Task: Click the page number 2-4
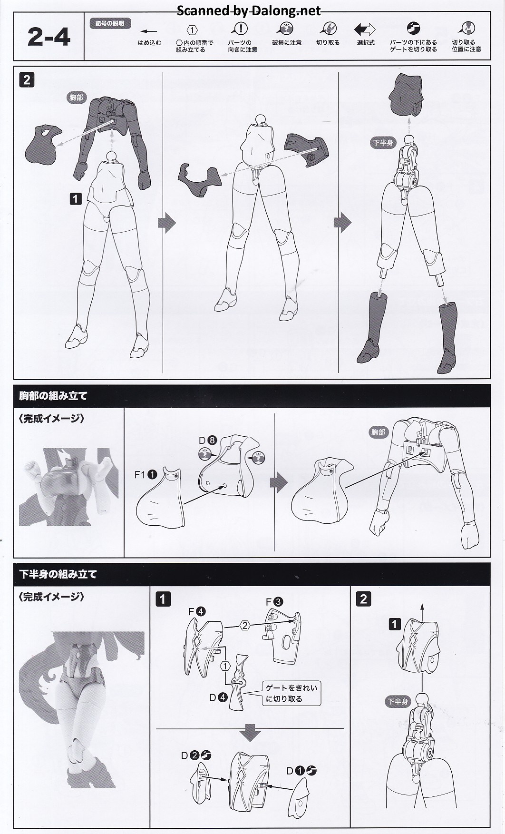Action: point(49,37)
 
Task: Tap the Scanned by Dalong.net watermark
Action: point(249,10)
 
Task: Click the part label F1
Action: point(146,474)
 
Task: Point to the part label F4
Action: point(197,611)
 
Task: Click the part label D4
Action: point(219,697)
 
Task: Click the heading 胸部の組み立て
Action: point(53,395)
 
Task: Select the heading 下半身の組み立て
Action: point(58,574)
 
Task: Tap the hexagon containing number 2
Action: point(245,626)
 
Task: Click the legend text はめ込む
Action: point(149,43)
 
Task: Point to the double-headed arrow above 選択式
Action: point(365,29)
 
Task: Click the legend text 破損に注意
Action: point(287,43)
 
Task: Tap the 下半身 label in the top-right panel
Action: point(383,142)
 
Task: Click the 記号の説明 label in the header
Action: point(110,23)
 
